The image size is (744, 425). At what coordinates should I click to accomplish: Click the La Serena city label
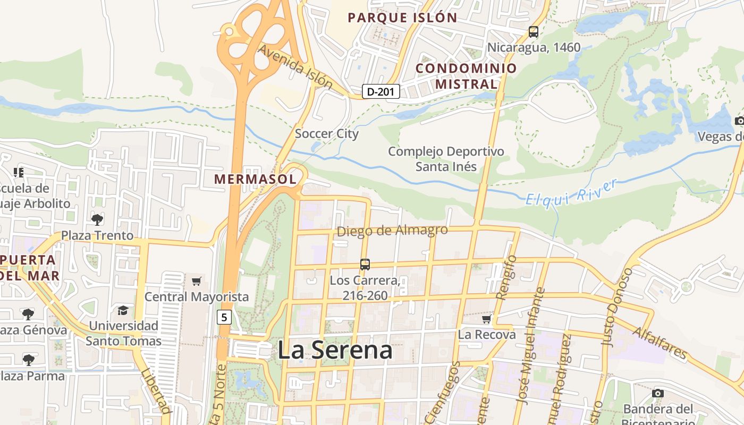point(335,350)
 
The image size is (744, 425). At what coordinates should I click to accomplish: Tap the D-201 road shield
point(381,91)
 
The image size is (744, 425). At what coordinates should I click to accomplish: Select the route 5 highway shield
point(224,318)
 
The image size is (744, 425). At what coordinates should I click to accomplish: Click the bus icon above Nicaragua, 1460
point(534,32)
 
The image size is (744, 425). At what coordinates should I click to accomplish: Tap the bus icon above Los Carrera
point(365,264)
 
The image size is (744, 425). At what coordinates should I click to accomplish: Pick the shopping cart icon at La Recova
point(486,319)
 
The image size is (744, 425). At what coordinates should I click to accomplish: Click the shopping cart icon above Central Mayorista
point(197,281)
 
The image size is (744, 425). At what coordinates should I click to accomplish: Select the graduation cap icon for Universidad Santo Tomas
point(123,310)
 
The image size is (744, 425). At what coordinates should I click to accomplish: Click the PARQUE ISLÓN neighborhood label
point(402,18)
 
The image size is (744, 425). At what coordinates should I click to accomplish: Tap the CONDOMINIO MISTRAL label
point(466,76)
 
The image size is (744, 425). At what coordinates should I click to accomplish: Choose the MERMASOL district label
point(255,179)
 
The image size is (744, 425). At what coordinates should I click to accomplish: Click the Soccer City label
point(326,134)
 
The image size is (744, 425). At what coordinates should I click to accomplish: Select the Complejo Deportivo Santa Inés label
point(446,159)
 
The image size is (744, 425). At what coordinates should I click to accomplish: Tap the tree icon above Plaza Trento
point(97,219)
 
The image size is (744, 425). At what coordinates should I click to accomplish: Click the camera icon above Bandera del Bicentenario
point(658,393)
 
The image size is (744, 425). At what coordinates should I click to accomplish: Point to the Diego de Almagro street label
point(392,231)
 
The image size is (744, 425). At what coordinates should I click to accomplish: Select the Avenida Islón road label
point(295,67)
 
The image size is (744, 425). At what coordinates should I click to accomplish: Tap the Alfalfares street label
point(660,343)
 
